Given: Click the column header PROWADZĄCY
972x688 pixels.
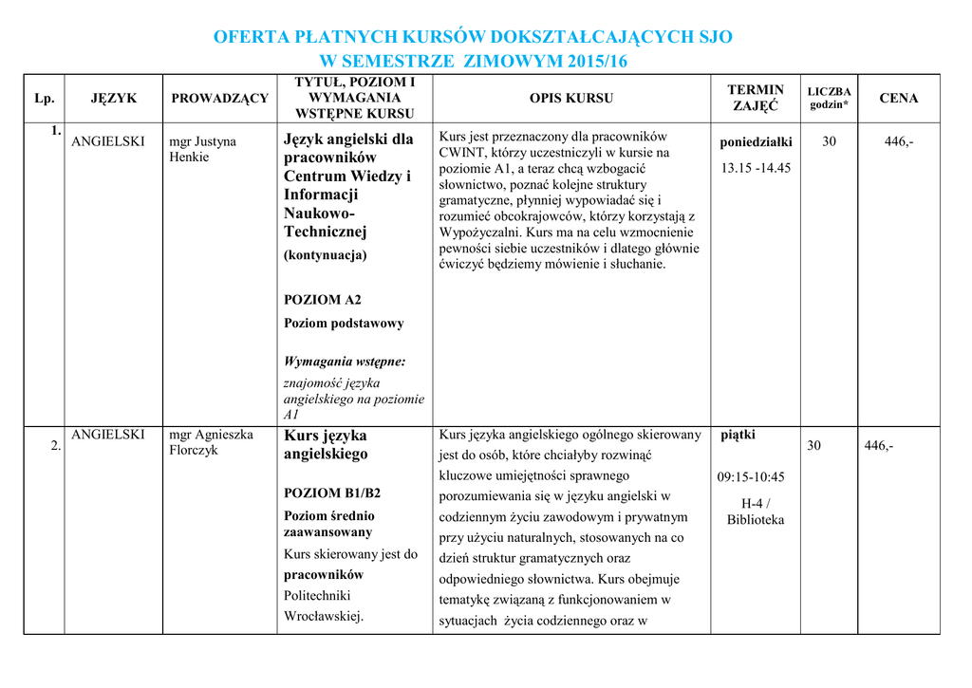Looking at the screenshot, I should tap(219, 98).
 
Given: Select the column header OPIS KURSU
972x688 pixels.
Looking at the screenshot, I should tap(570, 98).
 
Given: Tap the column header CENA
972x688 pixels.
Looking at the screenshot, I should tap(898, 98).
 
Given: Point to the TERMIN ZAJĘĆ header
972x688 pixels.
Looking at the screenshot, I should tap(756, 98).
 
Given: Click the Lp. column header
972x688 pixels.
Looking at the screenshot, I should tap(44, 98).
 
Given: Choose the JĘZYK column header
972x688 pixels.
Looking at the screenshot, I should tap(114, 98).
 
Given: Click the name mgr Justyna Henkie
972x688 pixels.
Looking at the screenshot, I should tap(202, 149).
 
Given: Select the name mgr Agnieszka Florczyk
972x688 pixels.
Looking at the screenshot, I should tap(211, 442).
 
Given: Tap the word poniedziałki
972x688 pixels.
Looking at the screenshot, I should tap(756, 141).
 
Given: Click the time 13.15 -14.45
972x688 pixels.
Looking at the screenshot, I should tap(756, 168).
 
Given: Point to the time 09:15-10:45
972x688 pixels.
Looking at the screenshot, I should tap(751, 476).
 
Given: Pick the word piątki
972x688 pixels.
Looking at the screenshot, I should tap(738, 435).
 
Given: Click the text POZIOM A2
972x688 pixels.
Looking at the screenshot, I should tap(323, 300).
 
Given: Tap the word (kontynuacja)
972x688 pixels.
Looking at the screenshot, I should tap(325, 254).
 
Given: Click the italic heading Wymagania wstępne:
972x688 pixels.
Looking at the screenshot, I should tap(345, 361).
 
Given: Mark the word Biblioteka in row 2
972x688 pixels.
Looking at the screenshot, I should tap(756, 519).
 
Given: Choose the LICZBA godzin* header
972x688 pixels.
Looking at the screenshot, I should tap(829, 98).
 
